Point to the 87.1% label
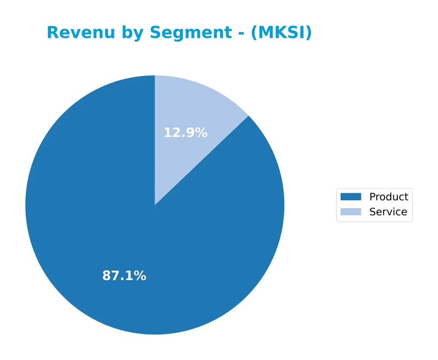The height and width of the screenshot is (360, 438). [x=124, y=276]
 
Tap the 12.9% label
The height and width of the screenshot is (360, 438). [x=185, y=133]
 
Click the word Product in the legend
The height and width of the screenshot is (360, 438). [x=389, y=197]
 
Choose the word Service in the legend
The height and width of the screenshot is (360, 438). [x=388, y=212]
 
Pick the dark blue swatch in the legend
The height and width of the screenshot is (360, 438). [x=351, y=197]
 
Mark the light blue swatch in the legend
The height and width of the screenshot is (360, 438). [x=351, y=212]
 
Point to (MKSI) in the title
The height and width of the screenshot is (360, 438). [x=281, y=33]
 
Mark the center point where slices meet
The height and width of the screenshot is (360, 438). [x=155, y=205]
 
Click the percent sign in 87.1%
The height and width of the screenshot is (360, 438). [x=140, y=276]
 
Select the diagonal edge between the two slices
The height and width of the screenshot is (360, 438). [x=201, y=160]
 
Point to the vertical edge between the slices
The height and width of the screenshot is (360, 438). [x=155, y=140]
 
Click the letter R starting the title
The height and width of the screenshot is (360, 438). [x=52, y=33]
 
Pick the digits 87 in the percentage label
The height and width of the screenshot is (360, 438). [x=111, y=276]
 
